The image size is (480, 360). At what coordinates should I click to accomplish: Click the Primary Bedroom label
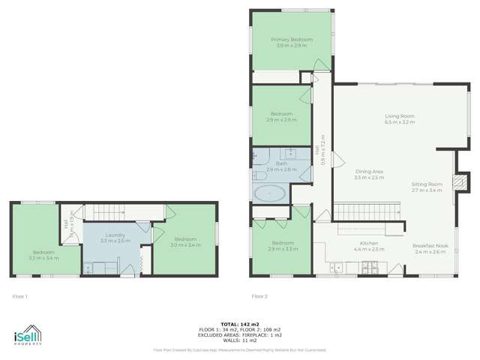pyautogui.click(x=292, y=40)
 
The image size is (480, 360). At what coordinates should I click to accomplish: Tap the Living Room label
pyautogui.click(x=400, y=116)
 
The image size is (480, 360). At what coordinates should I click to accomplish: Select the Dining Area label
pyautogui.click(x=369, y=172)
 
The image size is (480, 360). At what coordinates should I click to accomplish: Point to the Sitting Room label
pyautogui.click(x=427, y=184)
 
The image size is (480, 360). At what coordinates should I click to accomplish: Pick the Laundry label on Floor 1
pyautogui.click(x=115, y=235)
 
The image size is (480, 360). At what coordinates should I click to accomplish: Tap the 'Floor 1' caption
pyautogui.click(x=20, y=295)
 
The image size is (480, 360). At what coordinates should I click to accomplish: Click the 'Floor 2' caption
pyautogui.click(x=259, y=295)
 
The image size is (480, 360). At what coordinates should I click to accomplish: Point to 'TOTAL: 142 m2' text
pyautogui.click(x=240, y=325)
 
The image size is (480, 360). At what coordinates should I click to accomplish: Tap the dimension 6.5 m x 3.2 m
pyautogui.click(x=400, y=121)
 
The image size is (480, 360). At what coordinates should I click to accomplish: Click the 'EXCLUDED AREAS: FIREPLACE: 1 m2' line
pyautogui.click(x=240, y=334)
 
